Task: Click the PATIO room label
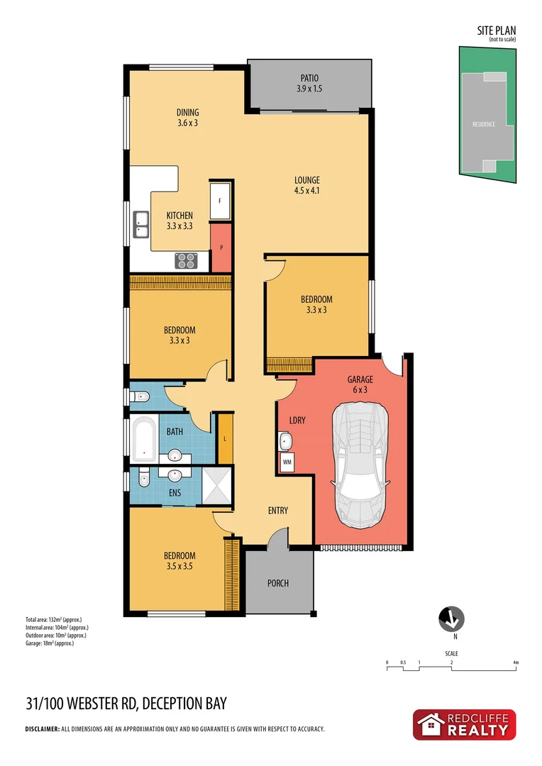point(309,84)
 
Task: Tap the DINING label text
point(188,117)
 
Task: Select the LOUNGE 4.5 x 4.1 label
point(308,185)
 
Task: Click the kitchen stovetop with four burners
point(186,261)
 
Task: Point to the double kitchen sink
point(140,225)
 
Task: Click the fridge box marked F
point(220,201)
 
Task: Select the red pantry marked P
point(221,248)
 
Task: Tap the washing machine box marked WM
point(287,462)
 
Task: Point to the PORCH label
point(278,584)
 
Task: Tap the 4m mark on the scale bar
point(516,662)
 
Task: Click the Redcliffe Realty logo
point(465,725)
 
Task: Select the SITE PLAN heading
point(496,30)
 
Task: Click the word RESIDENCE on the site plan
point(484,124)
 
